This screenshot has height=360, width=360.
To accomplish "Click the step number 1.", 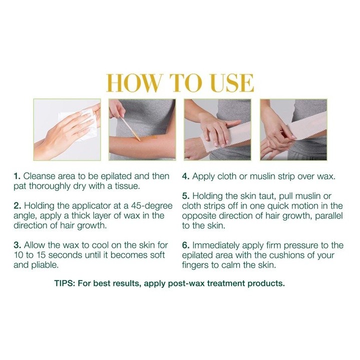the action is point(17,176).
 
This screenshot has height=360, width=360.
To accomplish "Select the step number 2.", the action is point(17,205).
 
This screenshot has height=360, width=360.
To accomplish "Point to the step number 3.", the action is point(17,245).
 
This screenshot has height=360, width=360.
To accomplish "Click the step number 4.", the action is point(185,176).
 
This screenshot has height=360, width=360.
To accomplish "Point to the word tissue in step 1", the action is point(127,186).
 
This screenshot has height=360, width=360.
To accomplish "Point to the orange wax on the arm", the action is point(147,138).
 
